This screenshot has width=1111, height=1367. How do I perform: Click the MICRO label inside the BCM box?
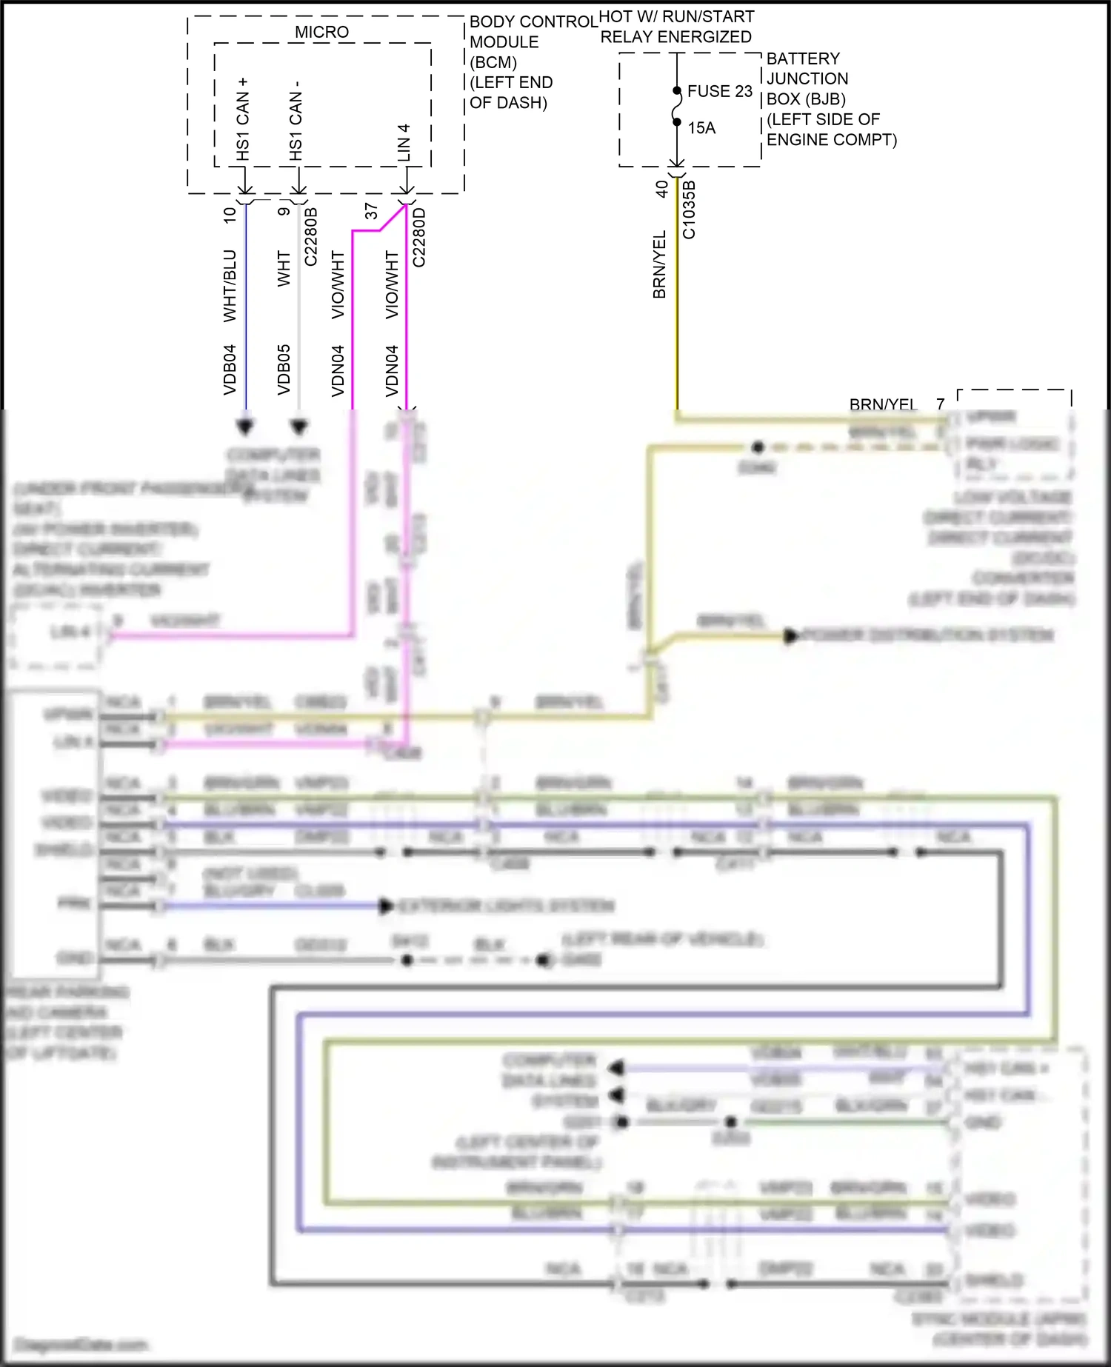pyautogui.click(x=321, y=32)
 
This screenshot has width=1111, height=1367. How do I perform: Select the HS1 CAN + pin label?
pyautogui.click(x=243, y=119)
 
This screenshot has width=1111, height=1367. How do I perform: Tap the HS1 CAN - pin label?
pyautogui.click(x=296, y=121)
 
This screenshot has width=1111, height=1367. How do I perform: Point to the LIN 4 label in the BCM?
pyautogui.click(x=404, y=142)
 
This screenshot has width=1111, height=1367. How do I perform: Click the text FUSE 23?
pyautogui.click(x=719, y=91)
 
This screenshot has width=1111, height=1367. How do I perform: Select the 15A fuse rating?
pyautogui.click(x=701, y=128)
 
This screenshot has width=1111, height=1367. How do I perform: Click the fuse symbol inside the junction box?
pyautogui.click(x=676, y=107)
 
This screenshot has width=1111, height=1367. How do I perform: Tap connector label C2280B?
pyautogui.click(x=311, y=236)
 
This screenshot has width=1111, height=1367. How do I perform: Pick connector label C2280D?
pyautogui.click(x=419, y=237)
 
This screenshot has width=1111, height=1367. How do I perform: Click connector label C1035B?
pyautogui.click(x=689, y=210)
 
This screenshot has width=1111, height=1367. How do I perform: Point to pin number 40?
pyautogui.click(x=661, y=189)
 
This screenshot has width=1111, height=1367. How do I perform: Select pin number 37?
pyautogui.click(x=371, y=211)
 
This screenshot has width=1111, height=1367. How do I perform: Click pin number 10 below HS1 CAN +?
pyautogui.click(x=230, y=215)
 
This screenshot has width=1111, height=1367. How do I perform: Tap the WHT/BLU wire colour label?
pyautogui.click(x=230, y=285)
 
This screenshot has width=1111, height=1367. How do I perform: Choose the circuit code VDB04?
pyautogui.click(x=230, y=370)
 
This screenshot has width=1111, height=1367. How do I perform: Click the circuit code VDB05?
pyautogui.click(x=284, y=370)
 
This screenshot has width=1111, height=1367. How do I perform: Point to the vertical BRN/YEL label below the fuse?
pyautogui.click(x=659, y=264)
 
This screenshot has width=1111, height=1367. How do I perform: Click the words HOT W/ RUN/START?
pyautogui.click(x=676, y=16)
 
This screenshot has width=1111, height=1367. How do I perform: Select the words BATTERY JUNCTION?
pyautogui.click(x=807, y=68)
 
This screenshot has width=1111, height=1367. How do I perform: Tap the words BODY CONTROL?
pyautogui.click(x=533, y=21)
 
